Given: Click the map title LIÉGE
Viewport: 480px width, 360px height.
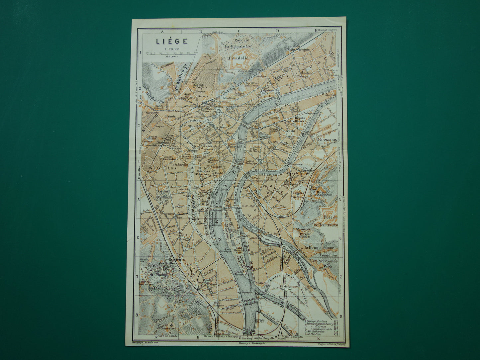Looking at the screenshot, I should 172,41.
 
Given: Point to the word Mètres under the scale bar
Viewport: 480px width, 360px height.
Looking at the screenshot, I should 172,56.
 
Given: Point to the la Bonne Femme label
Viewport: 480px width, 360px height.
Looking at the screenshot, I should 320,247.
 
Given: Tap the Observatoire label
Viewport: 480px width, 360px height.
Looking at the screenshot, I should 168,328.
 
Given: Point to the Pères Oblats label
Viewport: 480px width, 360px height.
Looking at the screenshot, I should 304,235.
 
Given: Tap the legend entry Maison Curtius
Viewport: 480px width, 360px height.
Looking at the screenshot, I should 317,321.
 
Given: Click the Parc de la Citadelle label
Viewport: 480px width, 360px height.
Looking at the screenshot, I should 238,44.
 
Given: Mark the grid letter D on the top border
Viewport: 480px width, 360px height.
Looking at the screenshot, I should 277,31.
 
